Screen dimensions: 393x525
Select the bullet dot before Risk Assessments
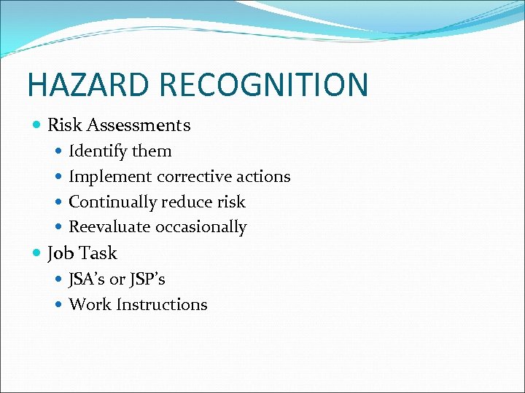pos(37,125)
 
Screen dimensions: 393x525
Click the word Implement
pos(110,177)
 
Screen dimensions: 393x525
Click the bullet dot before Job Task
pos(37,253)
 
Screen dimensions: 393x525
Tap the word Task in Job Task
pos(98,253)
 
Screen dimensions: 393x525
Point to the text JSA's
pos(87,279)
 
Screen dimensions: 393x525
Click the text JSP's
pos(148,279)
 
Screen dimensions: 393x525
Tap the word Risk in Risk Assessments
pos(63,125)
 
